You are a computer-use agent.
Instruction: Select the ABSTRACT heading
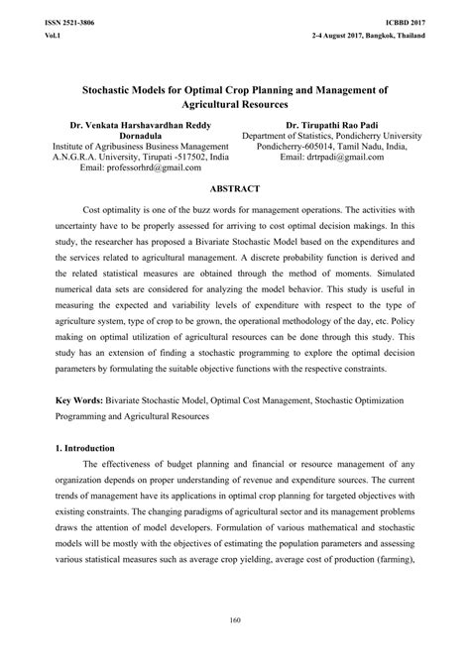234,188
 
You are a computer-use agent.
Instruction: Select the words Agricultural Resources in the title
234,103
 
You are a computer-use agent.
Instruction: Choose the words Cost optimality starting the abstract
116,211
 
